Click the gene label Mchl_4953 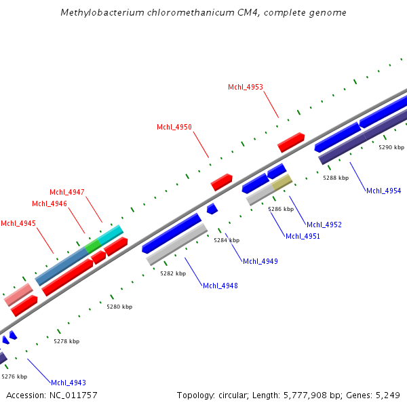point(246,87)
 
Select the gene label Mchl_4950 point(174,128)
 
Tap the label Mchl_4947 point(67,193)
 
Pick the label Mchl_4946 point(50,203)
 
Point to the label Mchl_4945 point(18,224)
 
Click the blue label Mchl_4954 point(384,191)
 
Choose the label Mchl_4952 point(324,225)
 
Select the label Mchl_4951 point(303,236)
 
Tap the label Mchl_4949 point(260,261)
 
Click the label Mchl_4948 point(220,286)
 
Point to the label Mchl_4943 point(69,383)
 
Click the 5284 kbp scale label point(227,240)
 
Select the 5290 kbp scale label point(391,147)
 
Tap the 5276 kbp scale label point(14,376)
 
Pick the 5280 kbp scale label point(119,307)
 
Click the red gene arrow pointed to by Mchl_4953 point(291,142)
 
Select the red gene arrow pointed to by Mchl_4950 point(222,182)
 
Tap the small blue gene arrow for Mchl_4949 point(212,208)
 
